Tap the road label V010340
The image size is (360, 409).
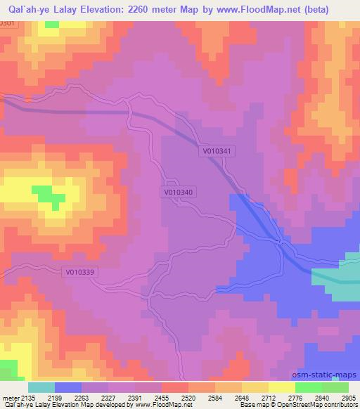coord(178,190)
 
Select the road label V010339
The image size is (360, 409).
coord(82,272)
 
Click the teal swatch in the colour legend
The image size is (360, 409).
coord(41,387)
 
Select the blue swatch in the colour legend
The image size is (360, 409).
coord(68,387)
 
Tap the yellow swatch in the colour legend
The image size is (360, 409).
coord(282,387)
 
